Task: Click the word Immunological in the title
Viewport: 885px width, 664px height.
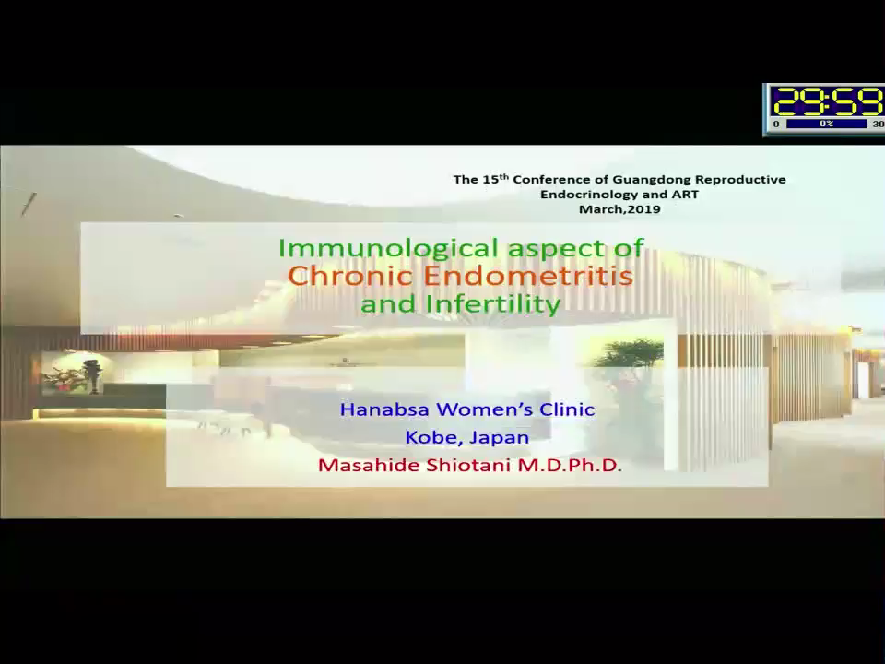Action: (x=389, y=248)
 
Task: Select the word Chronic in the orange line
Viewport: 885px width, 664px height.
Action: (x=350, y=276)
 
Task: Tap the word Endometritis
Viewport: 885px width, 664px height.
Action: (x=527, y=276)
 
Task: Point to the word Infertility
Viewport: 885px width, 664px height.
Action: (x=494, y=303)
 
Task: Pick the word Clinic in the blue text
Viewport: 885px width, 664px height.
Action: (x=567, y=409)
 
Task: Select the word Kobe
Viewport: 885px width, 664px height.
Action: (x=429, y=437)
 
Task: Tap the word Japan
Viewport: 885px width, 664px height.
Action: (x=500, y=438)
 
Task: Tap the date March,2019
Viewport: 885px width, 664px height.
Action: (x=619, y=209)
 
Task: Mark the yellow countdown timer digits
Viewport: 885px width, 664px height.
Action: (x=828, y=102)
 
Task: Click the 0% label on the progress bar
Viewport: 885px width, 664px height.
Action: (x=826, y=124)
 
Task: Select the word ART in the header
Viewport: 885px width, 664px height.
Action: (x=686, y=195)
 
